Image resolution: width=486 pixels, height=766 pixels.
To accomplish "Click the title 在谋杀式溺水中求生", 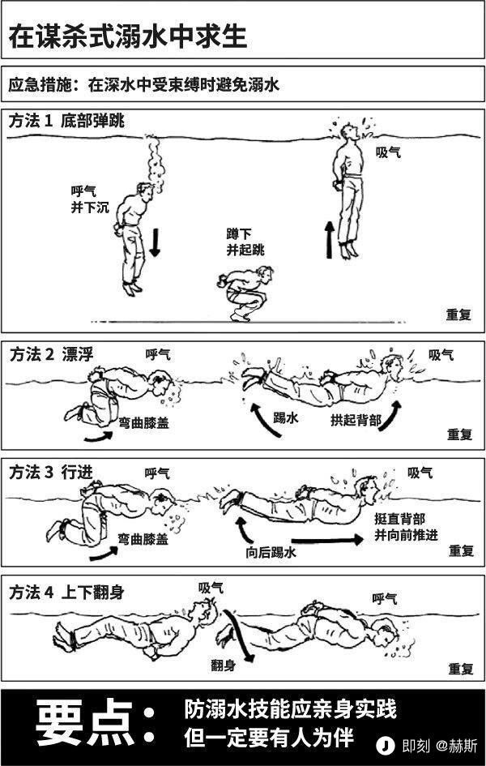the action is tap(128, 37).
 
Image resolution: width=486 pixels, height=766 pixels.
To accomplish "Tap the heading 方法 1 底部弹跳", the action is tap(66, 121).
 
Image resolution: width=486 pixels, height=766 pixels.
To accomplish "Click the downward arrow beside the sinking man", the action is tap(155, 242).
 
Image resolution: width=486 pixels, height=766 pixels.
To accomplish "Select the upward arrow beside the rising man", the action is tap(330, 240).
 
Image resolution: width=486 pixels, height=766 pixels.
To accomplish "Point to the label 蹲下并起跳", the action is tap(245, 242).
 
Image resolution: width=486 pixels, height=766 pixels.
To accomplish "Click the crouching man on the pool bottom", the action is tap(244, 293).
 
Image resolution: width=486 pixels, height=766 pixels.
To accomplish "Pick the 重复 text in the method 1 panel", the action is tap(458, 315).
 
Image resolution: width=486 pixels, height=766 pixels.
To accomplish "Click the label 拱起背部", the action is tap(356, 420).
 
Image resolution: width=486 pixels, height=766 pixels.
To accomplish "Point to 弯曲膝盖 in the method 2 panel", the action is tap(144, 422).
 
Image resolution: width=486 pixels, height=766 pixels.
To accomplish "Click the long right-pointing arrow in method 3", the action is tap(327, 539).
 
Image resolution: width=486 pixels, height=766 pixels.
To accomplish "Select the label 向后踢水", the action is tap(271, 553).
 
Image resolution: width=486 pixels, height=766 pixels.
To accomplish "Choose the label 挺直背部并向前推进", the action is tap(406, 525).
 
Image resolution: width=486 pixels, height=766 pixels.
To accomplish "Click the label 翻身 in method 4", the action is tap(224, 665).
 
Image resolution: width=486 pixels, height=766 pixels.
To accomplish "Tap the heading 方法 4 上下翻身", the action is tap(66, 593).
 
